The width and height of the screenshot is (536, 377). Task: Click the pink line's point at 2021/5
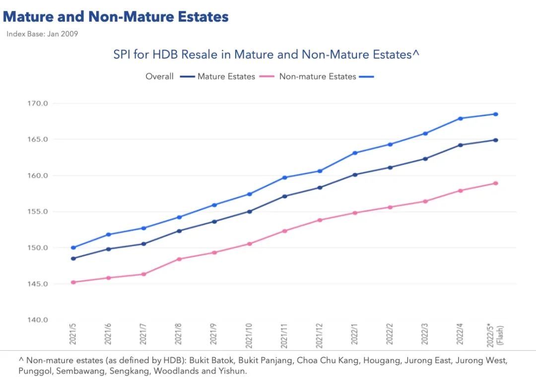click(73, 282)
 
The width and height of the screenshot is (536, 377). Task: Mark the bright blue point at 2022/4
click(461, 118)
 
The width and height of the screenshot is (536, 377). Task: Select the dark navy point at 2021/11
click(284, 196)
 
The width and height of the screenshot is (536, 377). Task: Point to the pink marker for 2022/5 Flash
click(496, 183)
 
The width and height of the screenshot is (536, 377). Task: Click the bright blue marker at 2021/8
click(179, 217)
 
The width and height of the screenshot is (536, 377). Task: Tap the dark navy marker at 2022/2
click(390, 167)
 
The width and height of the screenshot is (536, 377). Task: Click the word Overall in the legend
click(159, 76)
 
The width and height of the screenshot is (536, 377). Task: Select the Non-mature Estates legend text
click(318, 76)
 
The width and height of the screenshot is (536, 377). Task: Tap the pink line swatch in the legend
click(267, 76)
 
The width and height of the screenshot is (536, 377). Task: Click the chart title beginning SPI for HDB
click(267, 54)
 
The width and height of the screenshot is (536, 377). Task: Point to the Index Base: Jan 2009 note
click(42, 34)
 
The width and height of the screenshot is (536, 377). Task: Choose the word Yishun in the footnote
click(232, 371)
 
